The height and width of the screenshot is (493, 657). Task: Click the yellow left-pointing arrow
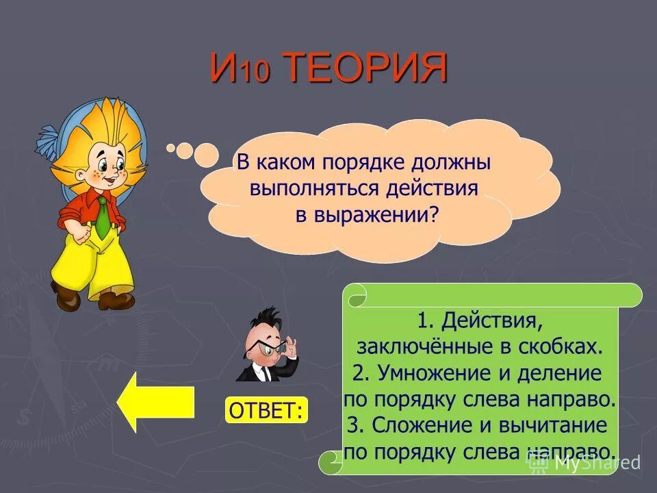[155, 402]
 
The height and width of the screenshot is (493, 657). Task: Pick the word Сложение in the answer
[416, 425]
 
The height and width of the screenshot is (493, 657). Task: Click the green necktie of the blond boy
[102, 216]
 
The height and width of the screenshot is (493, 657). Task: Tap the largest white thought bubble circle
[206, 155]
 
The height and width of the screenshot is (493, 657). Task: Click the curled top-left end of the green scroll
[357, 296]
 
